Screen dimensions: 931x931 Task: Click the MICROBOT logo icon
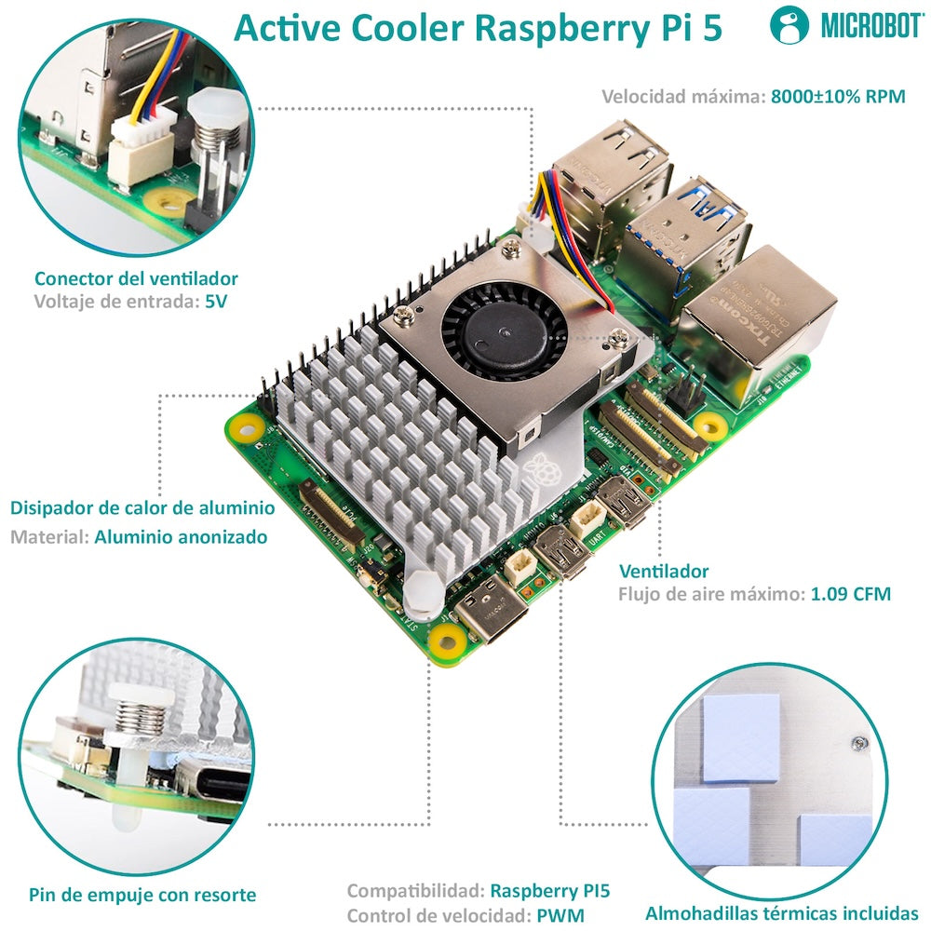(x=789, y=26)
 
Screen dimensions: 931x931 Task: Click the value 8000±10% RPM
(x=838, y=96)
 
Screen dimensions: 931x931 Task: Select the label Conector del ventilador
(x=136, y=278)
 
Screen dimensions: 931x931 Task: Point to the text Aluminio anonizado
(x=181, y=537)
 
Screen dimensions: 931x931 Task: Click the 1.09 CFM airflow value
(x=850, y=594)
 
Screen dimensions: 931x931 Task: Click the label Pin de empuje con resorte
(x=142, y=895)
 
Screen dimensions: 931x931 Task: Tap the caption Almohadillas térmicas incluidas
(x=782, y=913)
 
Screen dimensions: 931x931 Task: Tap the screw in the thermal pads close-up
(x=857, y=742)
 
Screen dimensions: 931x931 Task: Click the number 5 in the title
(x=711, y=28)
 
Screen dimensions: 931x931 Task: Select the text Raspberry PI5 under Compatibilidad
(x=550, y=890)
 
